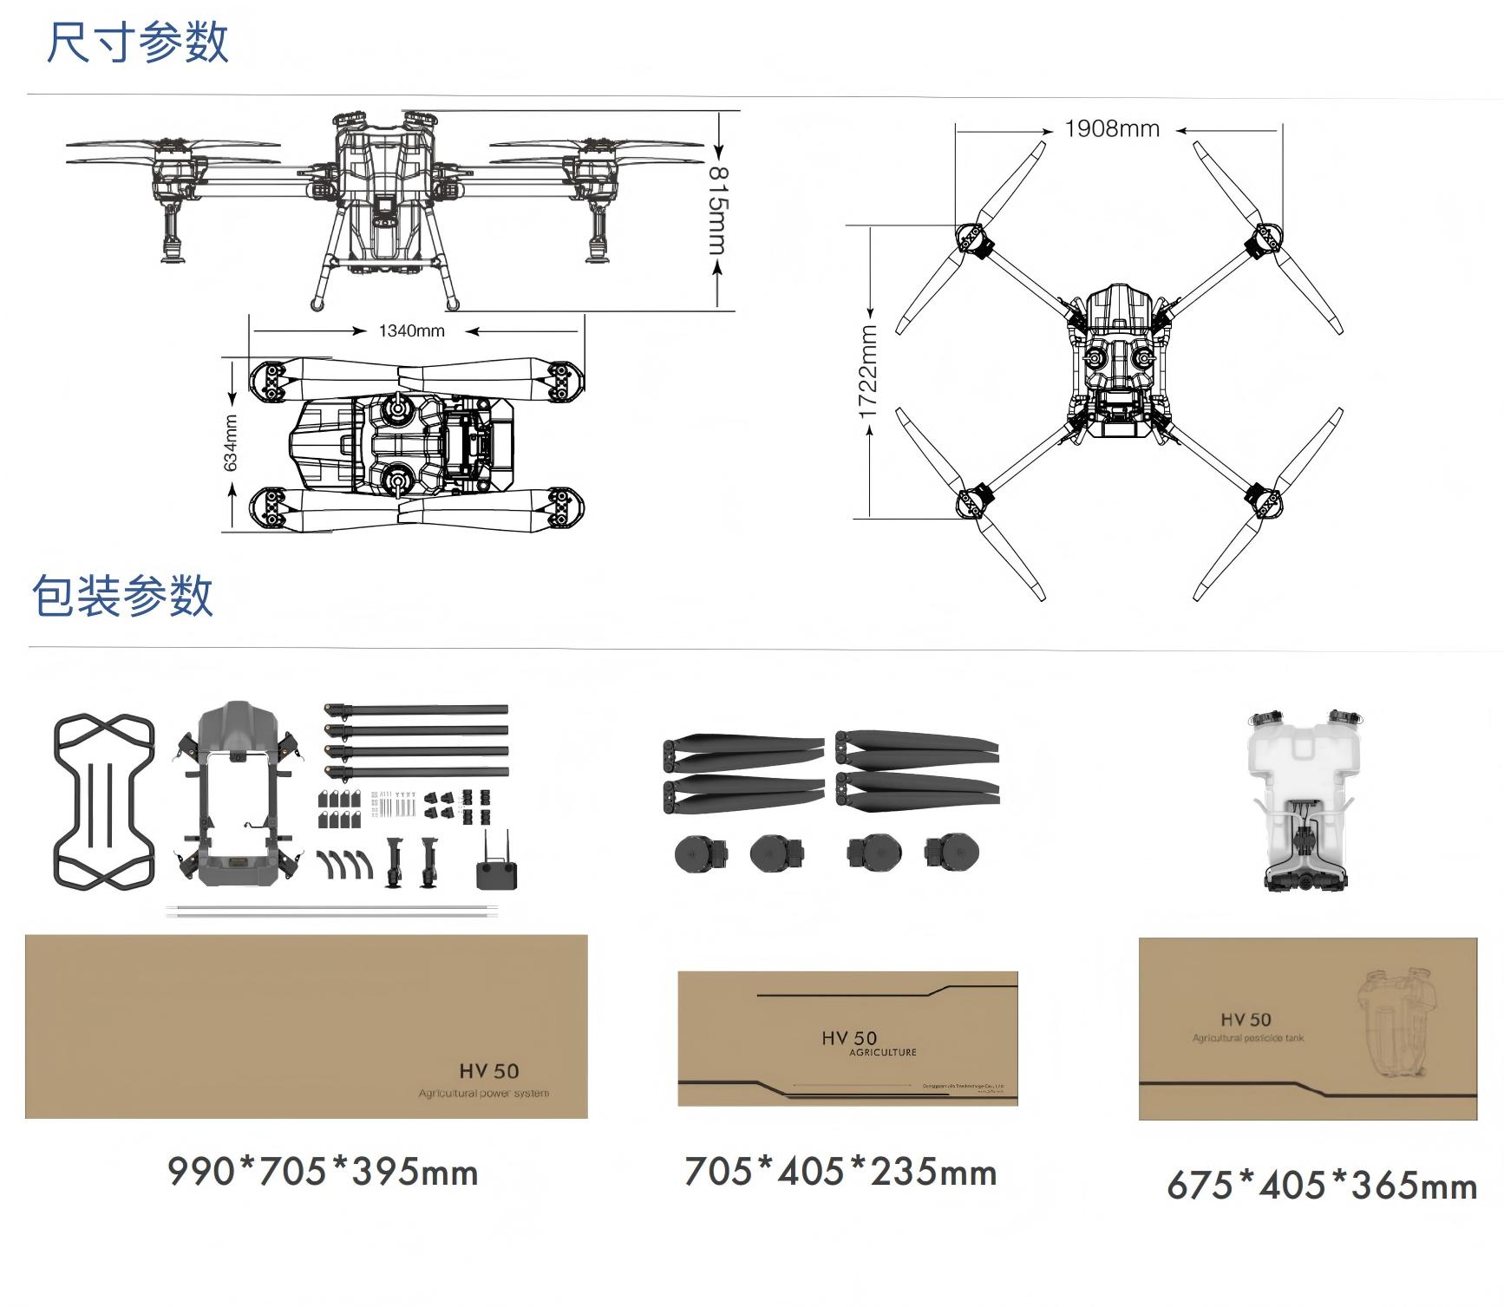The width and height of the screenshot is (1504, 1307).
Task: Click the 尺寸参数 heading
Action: click(137, 42)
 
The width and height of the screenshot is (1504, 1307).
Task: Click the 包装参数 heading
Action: click(122, 596)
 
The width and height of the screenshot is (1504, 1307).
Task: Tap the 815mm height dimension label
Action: click(718, 210)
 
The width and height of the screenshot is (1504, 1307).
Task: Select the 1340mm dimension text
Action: click(411, 331)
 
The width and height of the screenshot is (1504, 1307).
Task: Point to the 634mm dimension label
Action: click(231, 443)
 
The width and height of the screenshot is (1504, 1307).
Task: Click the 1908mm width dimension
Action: click(1112, 129)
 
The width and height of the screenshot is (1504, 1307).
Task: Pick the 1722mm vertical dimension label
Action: click(869, 371)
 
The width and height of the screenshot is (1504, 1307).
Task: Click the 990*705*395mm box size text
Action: click(323, 1172)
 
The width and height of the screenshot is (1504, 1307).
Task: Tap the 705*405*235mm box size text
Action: click(840, 1172)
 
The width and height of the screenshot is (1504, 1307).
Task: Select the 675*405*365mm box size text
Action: click(1321, 1186)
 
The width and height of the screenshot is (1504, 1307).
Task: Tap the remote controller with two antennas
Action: click(497, 864)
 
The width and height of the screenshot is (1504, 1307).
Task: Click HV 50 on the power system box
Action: click(488, 1072)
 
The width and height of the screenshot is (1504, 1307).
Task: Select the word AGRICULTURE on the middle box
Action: click(882, 1053)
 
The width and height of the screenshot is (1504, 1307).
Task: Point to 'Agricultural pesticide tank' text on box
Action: click(1247, 1038)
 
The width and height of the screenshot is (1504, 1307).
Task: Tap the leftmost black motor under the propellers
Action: click(696, 853)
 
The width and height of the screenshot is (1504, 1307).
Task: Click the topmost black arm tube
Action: click(416, 709)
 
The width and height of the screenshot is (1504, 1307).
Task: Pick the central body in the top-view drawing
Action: click(1118, 363)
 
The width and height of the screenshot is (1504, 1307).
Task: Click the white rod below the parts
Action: click(334, 911)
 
